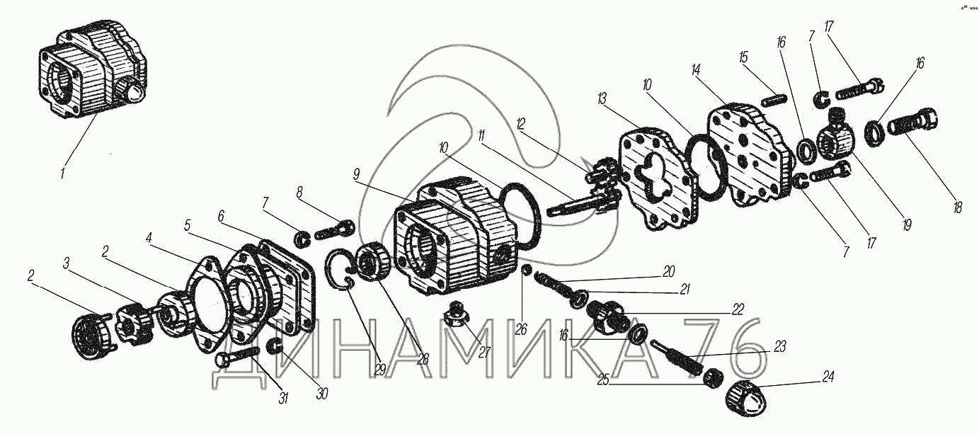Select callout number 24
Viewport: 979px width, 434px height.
(x=828, y=377)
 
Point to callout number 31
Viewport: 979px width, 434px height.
(x=284, y=398)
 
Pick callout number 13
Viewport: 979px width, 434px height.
(x=602, y=99)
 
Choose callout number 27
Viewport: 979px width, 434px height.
(x=484, y=353)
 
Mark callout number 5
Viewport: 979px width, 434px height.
(x=188, y=226)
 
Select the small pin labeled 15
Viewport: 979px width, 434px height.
(x=775, y=101)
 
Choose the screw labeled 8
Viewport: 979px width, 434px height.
(x=334, y=229)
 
